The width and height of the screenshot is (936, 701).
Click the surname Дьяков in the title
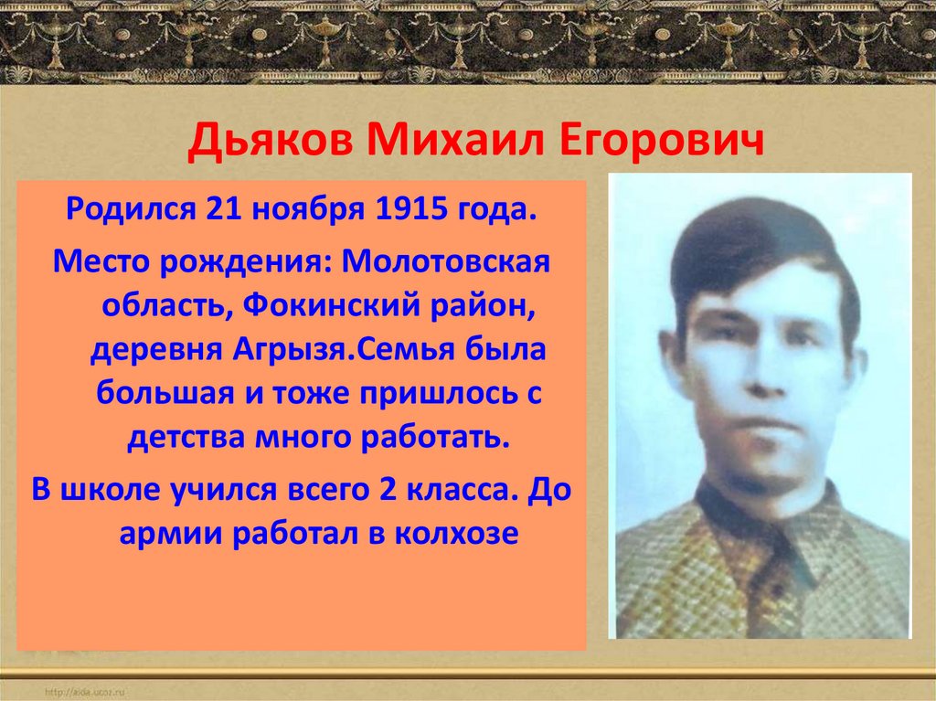coord(271,144)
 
